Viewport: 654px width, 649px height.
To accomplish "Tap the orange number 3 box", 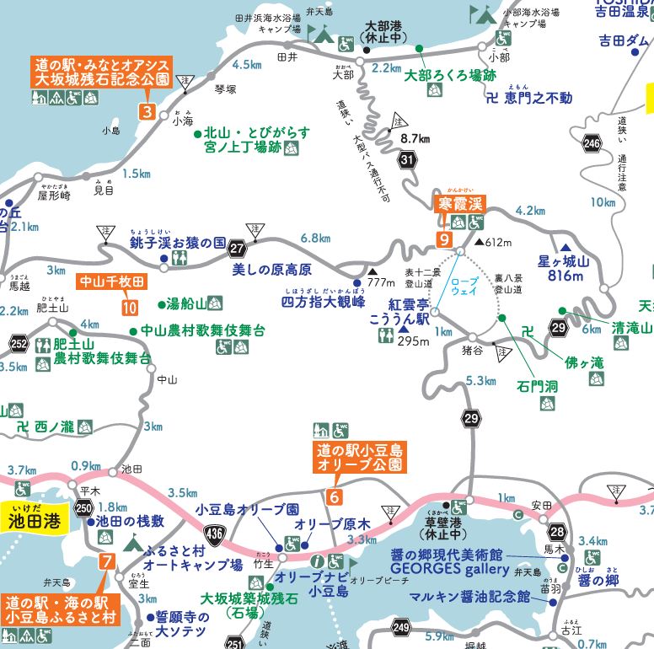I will click(x=147, y=111).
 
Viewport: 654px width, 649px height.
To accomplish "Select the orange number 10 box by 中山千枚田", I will click(x=130, y=308).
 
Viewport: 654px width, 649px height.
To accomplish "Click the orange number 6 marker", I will click(x=335, y=496).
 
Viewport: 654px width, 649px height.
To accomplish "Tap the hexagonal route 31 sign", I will click(x=409, y=158).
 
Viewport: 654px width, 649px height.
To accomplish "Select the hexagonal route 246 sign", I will click(x=592, y=145).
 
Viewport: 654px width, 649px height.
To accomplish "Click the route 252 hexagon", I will click(x=19, y=342).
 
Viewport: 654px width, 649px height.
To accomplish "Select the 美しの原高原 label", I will click(x=271, y=270).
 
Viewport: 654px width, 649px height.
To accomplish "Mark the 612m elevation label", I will click(x=500, y=243).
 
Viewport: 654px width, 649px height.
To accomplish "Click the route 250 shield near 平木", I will click(x=83, y=507).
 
